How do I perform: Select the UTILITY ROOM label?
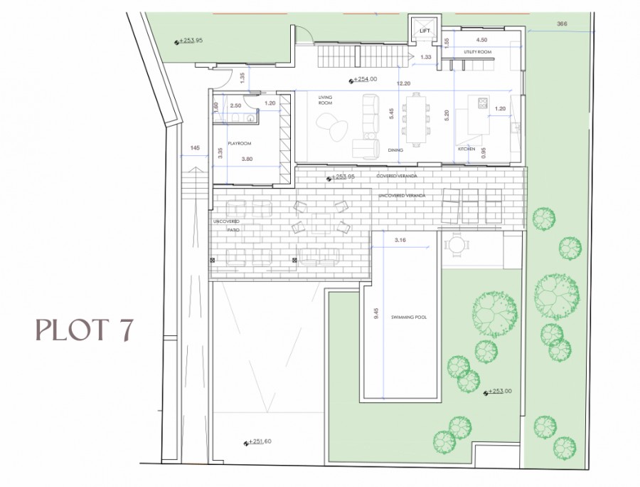point(477,52)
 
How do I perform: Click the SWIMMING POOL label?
point(409,318)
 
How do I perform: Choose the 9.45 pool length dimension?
point(376,315)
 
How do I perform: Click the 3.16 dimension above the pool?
point(400,241)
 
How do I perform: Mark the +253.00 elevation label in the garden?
point(501,392)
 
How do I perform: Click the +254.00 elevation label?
point(363,80)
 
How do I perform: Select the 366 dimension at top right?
point(562,24)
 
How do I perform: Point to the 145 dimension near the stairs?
point(194,148)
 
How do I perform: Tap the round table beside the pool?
point(454,246)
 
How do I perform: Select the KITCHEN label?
point(466,149)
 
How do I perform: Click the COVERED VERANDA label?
point(398,175)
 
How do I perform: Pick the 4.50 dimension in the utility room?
point(481,41)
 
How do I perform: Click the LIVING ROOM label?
point(326,100)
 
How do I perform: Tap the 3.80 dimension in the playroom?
point(247,159)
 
